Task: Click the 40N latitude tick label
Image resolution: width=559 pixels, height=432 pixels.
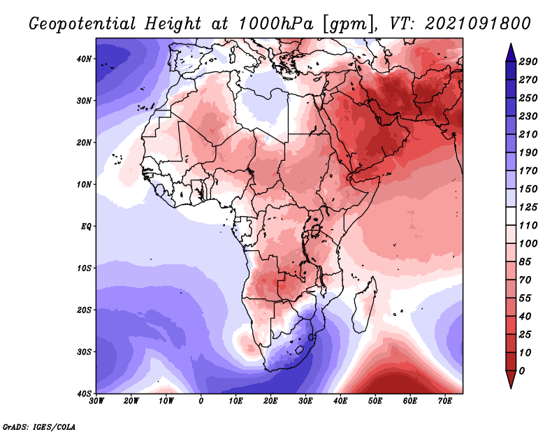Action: click(84, 59)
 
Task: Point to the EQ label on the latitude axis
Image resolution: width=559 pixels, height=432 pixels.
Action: click(86, 226)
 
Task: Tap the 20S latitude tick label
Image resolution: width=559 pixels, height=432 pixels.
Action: click(84, 310)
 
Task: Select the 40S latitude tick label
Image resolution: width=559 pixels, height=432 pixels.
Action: click(84, 394)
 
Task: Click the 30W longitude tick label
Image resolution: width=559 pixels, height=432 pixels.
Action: click(96, 401)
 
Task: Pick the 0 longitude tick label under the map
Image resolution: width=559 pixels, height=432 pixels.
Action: click(201, 401)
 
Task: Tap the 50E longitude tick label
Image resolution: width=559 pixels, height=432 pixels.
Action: click(375, 401)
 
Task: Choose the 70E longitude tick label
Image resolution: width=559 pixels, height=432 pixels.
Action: click(445, 401)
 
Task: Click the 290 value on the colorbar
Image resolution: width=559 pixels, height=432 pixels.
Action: click(528, 62)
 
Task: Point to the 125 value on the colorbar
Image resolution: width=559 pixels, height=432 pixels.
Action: click(528, 207)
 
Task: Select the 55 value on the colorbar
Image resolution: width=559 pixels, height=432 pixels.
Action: click(525, 298)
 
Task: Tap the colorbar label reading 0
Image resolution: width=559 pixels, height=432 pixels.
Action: click(521, 371)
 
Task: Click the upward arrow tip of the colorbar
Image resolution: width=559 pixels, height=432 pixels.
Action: click(511, 43)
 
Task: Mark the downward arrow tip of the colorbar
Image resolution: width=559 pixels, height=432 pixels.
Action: click(511, 388)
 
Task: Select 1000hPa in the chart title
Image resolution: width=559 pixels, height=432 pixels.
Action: click(275, 24)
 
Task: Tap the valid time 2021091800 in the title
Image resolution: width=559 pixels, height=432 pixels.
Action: click(478, 24)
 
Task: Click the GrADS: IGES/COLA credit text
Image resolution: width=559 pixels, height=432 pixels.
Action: click(39, 427)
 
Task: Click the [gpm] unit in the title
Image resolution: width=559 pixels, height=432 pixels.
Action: click(349, 24)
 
